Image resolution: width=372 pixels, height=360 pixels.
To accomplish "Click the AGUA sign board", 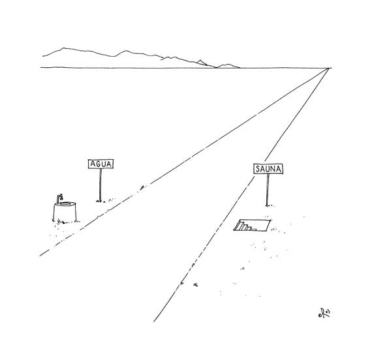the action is (x=101, y=164).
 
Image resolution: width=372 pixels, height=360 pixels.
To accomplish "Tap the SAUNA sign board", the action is (x=268, y=169).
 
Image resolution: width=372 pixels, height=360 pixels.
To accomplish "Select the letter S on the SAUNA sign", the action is (x=258, y=169).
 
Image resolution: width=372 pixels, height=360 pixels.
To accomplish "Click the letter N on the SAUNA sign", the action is (x=273, y=169).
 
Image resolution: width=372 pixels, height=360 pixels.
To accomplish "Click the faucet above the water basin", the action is (x=59, y=198).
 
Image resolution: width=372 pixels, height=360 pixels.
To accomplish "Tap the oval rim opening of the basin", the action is (x=67, y=203).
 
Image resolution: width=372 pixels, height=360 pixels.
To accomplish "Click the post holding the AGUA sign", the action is (x=101, y=185).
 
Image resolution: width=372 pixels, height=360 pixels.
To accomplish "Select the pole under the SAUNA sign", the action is (x=268, y=190).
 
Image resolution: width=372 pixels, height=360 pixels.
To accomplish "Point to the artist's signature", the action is (x=324, y=313).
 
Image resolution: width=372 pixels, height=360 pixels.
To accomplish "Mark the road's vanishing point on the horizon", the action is (x=329, y=68).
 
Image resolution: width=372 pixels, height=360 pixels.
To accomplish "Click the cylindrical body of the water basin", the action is (x=65, y=213).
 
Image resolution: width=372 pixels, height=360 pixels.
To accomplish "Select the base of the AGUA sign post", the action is (x=100, y=201).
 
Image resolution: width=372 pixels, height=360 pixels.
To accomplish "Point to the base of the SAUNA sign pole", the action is (x=268, y=205).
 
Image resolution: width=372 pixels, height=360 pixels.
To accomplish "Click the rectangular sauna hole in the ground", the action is (x=252, y=225).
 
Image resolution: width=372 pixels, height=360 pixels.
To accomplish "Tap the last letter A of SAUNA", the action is (x=279, y=169).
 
